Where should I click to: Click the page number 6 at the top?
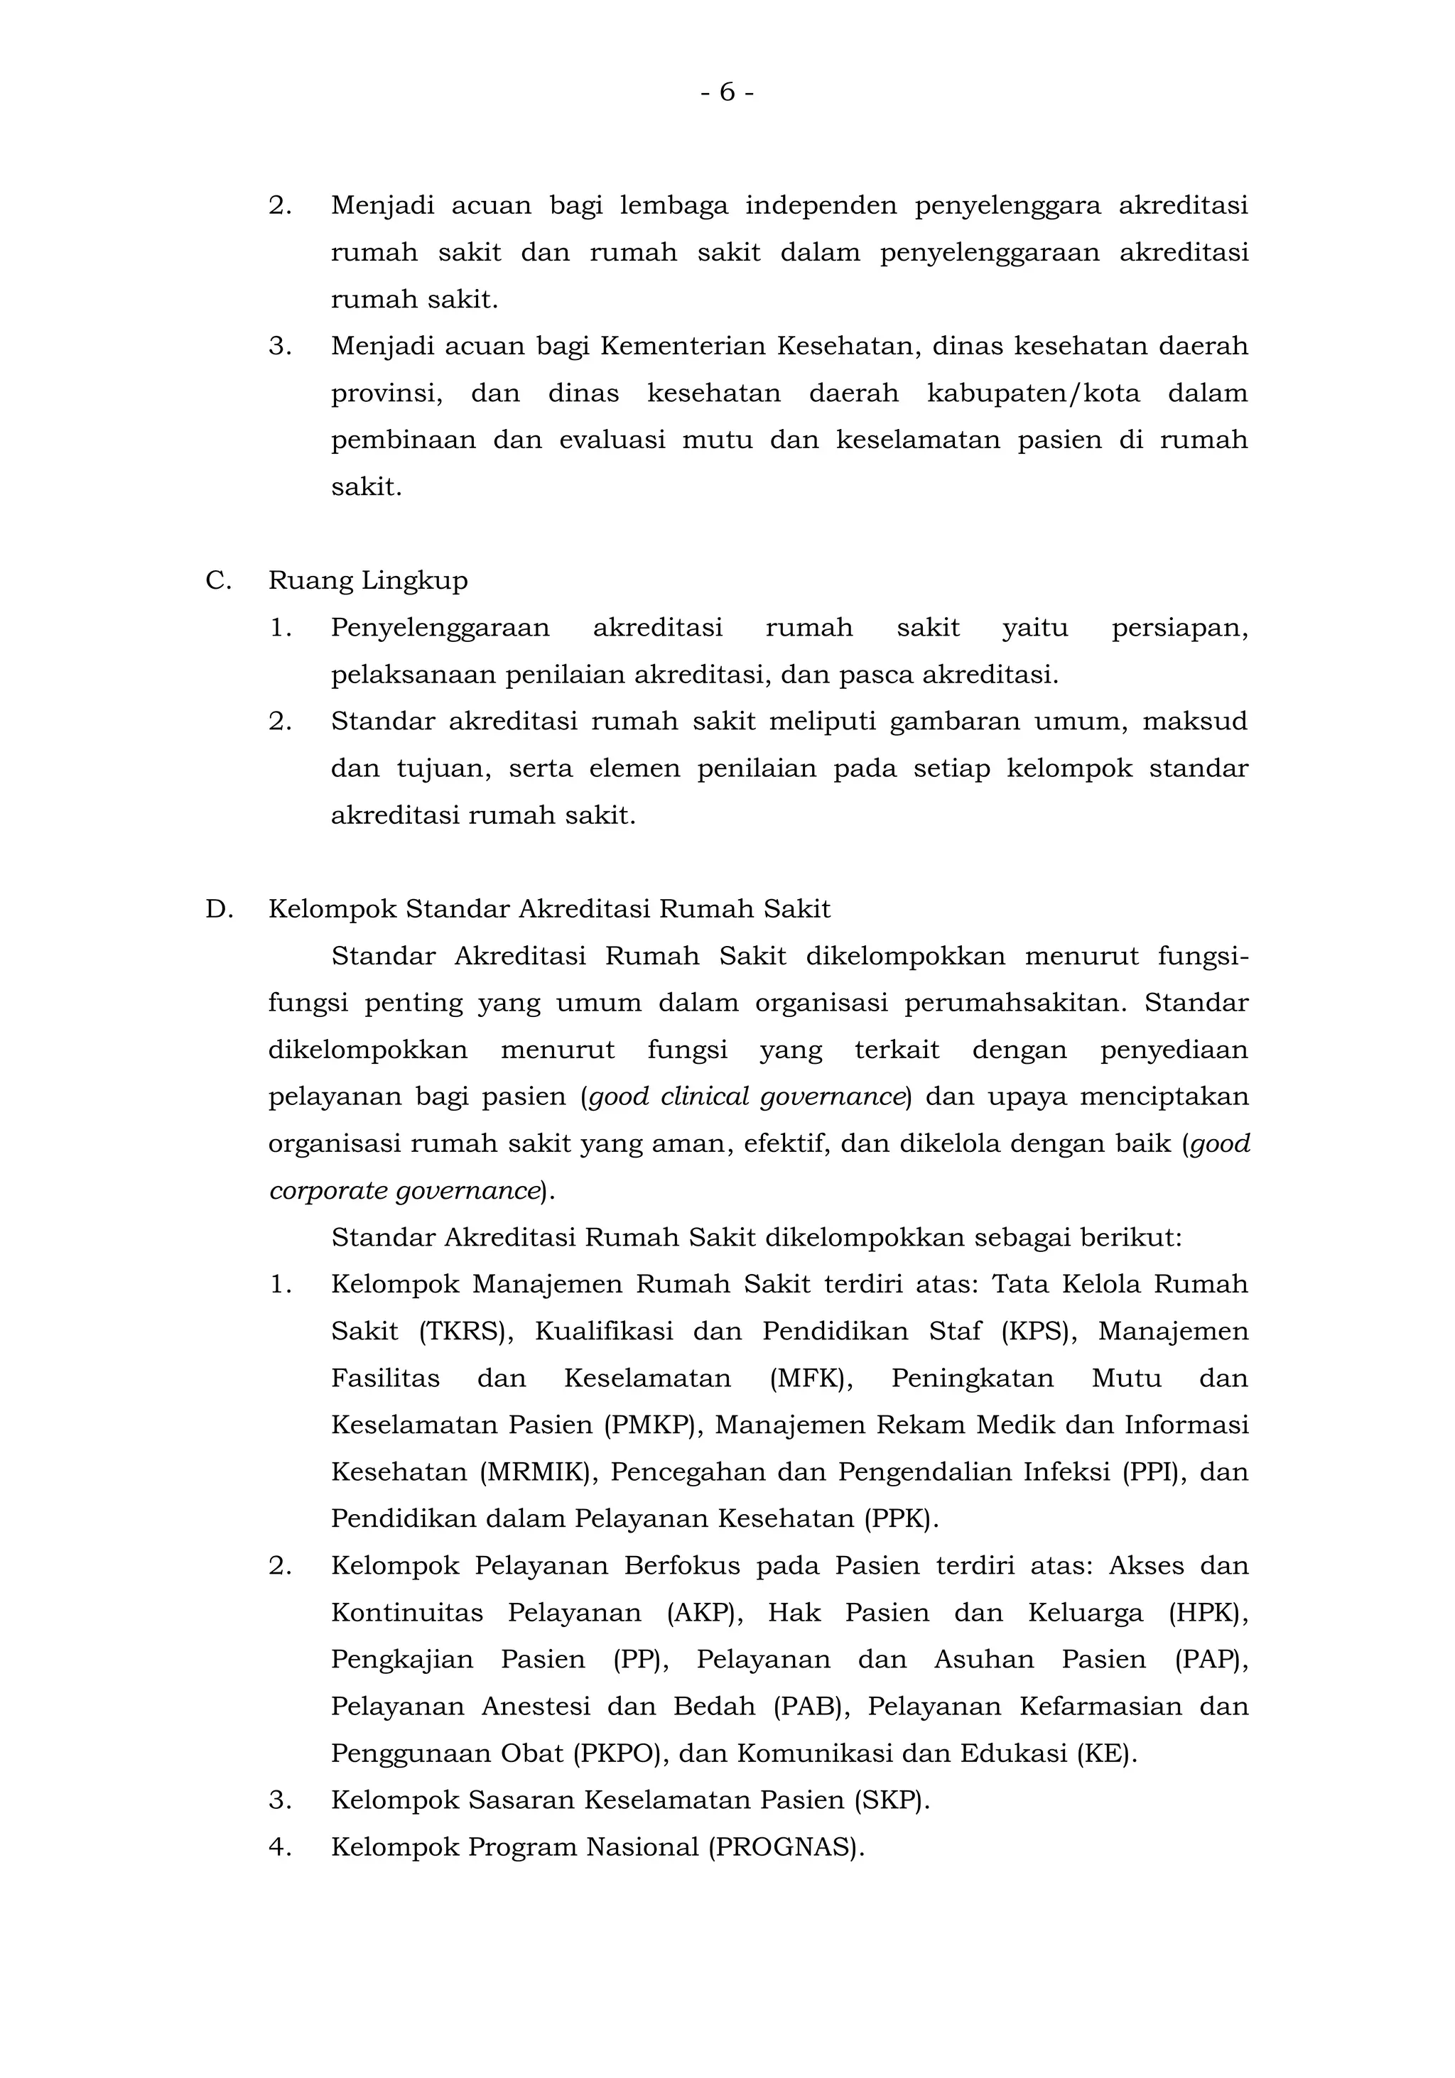coord(727,92)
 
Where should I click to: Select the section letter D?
coord(219,908)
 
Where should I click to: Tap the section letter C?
coord(218,580)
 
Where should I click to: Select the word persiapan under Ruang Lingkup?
coord(1179,627)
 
